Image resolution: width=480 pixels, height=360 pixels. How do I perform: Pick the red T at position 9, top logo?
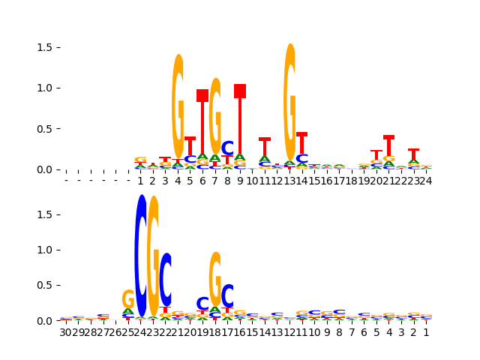240,120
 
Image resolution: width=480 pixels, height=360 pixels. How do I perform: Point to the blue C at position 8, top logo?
227,148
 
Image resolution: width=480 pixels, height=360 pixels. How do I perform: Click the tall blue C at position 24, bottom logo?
140,255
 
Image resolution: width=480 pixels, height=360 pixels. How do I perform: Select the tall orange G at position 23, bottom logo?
153,255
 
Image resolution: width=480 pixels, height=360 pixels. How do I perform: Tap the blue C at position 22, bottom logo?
166,279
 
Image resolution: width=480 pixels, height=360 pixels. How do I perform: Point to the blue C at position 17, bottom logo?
227,295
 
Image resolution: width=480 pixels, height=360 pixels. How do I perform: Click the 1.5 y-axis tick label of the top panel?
44,47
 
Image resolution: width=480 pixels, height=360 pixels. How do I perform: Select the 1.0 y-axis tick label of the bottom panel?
44,250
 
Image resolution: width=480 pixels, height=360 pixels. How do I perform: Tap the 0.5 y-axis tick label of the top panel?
44,128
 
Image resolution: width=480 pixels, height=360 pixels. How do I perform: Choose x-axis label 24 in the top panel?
425,181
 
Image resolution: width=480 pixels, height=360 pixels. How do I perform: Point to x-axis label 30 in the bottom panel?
66,332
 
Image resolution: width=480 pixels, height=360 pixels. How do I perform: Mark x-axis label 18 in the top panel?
351,181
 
